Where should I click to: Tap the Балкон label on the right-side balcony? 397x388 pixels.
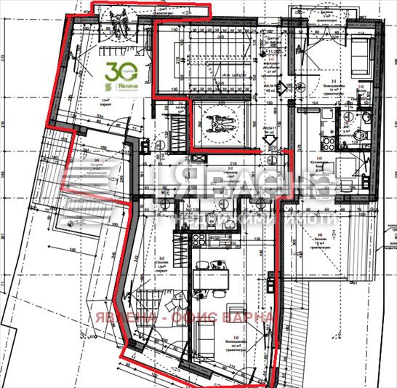point(323,239)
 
